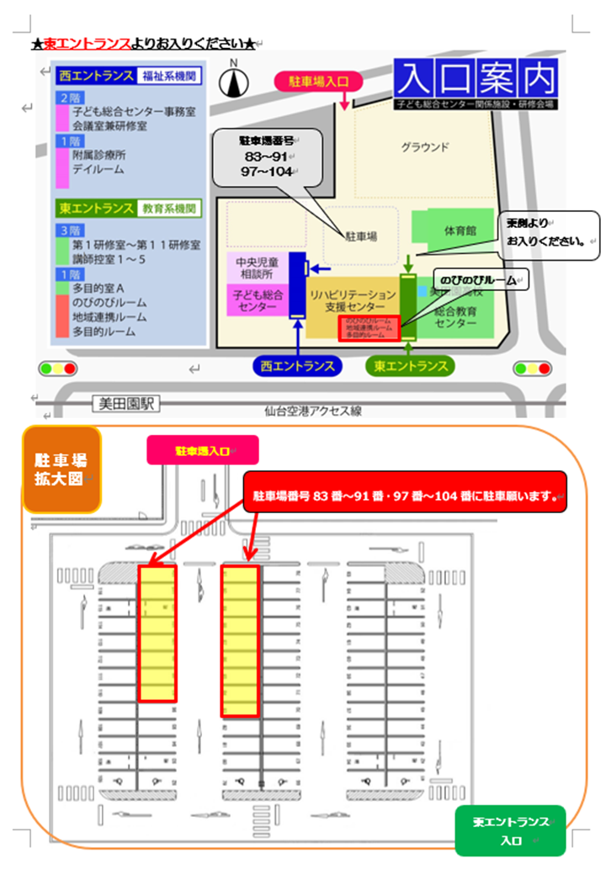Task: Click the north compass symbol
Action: (234, 81)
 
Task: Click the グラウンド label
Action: (424, 147)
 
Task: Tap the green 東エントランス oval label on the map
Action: (411, 366)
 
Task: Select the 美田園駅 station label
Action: (125, 405)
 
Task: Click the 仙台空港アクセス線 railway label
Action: (312, 411)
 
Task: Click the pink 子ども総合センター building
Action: (257, 301)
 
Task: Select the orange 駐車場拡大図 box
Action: (61, 469)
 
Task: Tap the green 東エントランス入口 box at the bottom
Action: (510, 830)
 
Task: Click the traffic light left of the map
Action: (57, 369)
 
